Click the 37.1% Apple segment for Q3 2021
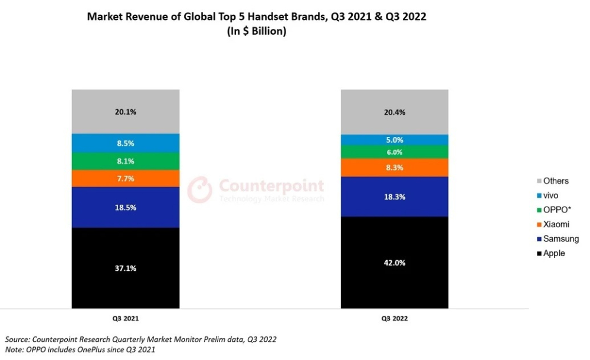[x=126, y=268]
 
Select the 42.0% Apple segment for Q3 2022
[x=394, y=263]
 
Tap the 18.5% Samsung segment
[x=126, y=207]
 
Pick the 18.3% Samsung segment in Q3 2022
[x=394, y=197]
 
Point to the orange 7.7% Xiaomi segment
[x=126, y=178]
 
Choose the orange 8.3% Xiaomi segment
[x=394, y=168]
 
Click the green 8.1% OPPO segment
[x=126, y=161]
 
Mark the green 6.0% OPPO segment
[x=394, y=152]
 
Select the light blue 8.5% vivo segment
[x=126, y=143]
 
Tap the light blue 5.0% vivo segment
[x=394, y=140]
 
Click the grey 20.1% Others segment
[x=126, y=112]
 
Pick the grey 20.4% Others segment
[x=394, y=112]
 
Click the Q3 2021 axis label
[x=126, y=318]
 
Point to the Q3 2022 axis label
[x=394, y=318]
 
